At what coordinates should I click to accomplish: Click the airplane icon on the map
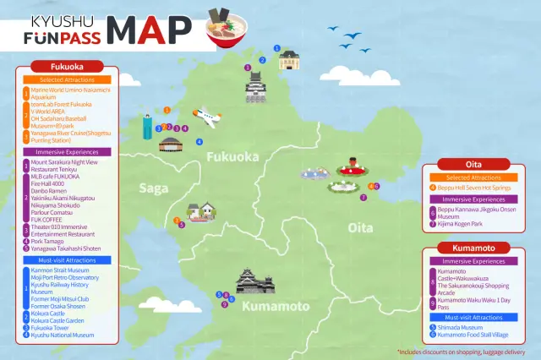click(x=207, y=116)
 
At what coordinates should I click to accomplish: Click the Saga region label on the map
click(x=154, y=188)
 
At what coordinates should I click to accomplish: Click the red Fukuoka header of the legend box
click(x=67, y=66)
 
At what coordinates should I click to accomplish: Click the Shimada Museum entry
click(x=462, y=327)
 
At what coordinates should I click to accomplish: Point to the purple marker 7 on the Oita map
click(x=363, y=198)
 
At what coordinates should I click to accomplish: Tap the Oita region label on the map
click(x=360, y=228)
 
